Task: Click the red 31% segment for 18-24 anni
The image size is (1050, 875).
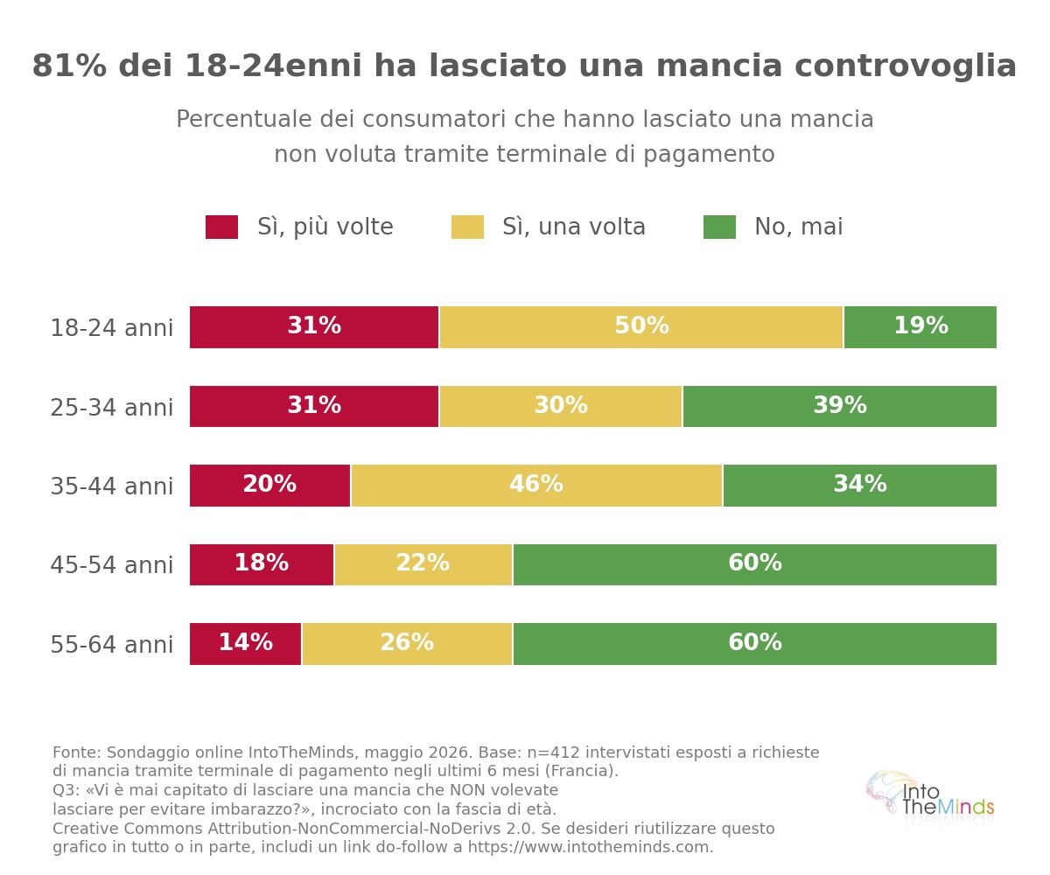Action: click(314, 327)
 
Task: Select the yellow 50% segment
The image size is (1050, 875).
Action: click(641, 327)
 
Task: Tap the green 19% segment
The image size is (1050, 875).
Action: click(920, 327)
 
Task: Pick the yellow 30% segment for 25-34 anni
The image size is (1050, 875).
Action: click(561, 406)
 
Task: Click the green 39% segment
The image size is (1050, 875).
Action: click(840, 406)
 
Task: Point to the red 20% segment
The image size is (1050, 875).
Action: click(269, 486)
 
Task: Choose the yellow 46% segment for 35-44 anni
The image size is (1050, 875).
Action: click(536, 486)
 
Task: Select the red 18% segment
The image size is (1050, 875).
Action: click(262, 564)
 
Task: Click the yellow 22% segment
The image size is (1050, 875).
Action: click(423, 564)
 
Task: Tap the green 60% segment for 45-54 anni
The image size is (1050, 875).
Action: click(755, 564)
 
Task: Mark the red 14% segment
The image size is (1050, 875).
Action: click(245, 644)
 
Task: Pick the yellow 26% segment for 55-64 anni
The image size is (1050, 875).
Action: click(408, 644)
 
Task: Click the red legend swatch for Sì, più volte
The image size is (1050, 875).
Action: click(221, 227)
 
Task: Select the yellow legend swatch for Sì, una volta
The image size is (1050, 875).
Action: click(467, 227)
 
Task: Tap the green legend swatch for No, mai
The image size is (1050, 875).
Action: click(719, 227)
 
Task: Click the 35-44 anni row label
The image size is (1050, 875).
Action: click(112, 486)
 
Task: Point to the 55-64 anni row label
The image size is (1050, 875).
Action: click(112, 644)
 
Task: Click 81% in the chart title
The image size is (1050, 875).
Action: click(69, 66)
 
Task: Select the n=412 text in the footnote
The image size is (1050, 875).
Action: click(554, 752)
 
